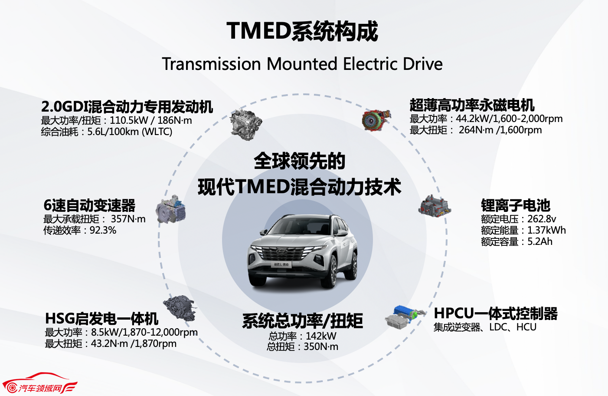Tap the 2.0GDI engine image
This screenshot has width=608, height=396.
[x=246, y=125]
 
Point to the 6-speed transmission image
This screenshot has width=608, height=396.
[x=171, y=209]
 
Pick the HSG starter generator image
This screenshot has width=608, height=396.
[x=180, y=309]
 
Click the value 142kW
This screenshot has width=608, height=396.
[x=321, y=336]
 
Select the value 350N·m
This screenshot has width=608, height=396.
[x=321, y=347]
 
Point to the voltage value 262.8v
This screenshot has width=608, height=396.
[x=542, y=219]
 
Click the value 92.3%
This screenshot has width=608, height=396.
[x=103, y=230]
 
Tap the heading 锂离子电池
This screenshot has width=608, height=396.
[x=516, y=205]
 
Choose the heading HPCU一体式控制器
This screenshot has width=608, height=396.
[x=496, y=313]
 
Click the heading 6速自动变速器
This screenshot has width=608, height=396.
[x=89, y=205]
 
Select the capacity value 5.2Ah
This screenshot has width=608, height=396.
[x=540, y=241]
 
